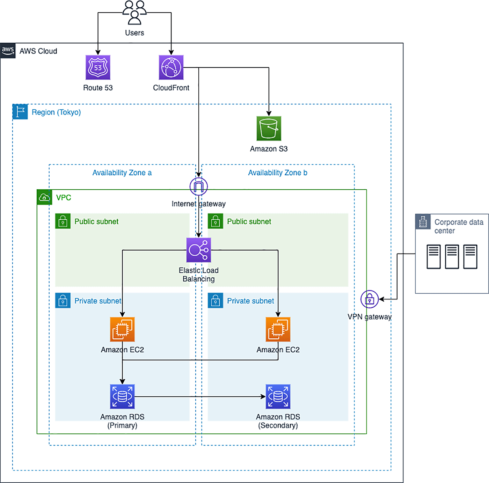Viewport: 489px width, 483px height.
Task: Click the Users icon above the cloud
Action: click(134, 13)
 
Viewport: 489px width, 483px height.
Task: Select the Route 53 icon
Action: click(98, 67)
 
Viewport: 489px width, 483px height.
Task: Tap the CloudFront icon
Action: click(171, 67)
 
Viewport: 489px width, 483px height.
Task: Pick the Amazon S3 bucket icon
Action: click(269, 129)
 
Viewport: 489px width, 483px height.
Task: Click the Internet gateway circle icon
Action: click(198, 186)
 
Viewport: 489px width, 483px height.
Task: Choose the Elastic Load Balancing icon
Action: click(198, 250)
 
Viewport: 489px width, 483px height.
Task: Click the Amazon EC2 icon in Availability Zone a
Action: click(122, 329)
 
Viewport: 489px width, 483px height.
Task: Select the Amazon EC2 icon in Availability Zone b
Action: click(278, 329)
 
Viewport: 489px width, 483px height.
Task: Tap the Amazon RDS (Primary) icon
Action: click(122, 396)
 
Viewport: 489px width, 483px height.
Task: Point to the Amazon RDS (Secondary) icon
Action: click(278, 396)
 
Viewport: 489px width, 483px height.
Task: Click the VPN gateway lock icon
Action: click(370, 299)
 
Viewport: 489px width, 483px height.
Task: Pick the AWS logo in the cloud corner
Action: click(8, 51)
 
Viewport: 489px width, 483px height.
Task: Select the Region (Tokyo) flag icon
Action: click(20, 112)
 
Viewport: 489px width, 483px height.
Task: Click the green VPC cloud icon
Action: click(44, 197)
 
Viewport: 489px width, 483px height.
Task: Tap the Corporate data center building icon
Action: click(423, 222)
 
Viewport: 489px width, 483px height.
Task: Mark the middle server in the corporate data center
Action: click(452, 257)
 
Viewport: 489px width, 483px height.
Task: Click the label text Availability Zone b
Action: click(278, 173)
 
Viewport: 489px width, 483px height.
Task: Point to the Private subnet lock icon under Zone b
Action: click(216, 301)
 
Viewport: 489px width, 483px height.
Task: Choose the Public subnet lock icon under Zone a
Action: click(63, 221)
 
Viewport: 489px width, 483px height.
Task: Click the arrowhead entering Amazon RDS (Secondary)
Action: click(263, 396)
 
